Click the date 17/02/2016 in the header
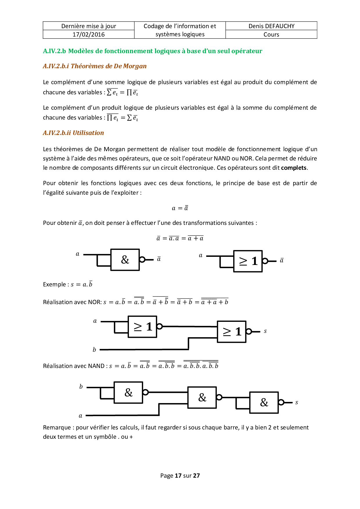coord(89,35)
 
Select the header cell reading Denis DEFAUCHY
coord(271,26)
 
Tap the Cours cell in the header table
coord(271,35)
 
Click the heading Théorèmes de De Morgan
coord(109,66)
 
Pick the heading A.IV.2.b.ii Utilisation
coord(73,133)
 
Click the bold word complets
coord(294,168)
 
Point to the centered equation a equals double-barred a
coord(180,208)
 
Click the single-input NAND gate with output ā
coord(125,260)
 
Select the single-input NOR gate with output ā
coord(248,261)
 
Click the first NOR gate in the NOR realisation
coord(142,327)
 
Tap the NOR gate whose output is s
coord(231,332)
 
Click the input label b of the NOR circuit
coord(94,350)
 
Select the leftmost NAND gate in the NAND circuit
coord(128,393)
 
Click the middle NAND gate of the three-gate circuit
coord(202,398)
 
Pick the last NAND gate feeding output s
coord(264,402)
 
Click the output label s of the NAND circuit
coord(296,402)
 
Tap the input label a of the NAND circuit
coord(81,416)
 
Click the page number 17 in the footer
coord(178,476)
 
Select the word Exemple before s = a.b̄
coord(54,284)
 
